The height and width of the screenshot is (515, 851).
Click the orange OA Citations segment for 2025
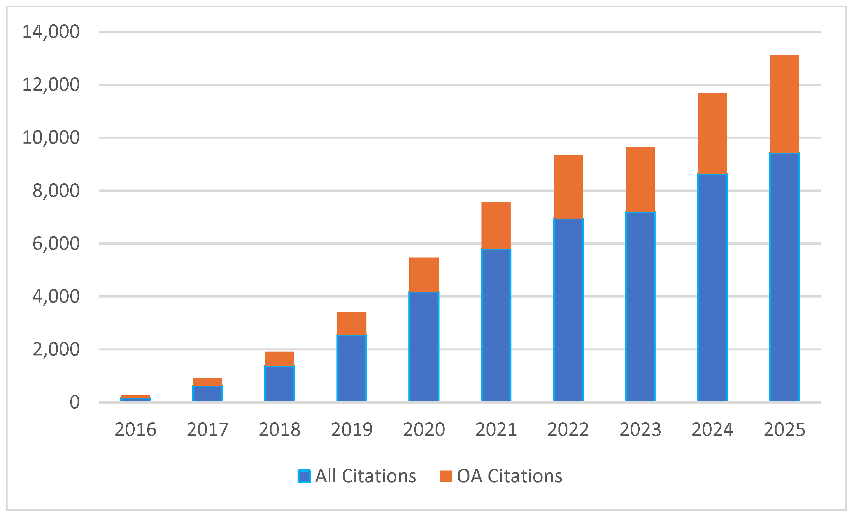pyautogui.click(x=784, y=104)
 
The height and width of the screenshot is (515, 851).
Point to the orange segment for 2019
pyautogui.click(x=352, y=323)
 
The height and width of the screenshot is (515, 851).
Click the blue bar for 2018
pyautogui.click(x=279, y=383)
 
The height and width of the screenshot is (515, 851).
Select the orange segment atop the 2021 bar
pyautogui.click(x=496, y=226)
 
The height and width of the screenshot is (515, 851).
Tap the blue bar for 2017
pyautogui.click(x=207, y=394)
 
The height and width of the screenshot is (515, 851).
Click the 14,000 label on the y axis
pyautogui.click(x=51, y=32)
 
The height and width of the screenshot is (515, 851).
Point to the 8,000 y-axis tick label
pyautogui.click(x=56, y=191)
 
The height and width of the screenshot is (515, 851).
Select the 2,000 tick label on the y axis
pyautogui.click(x=56, y=350)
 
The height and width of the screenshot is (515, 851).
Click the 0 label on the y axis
pyautogui.click(x=74, y=402)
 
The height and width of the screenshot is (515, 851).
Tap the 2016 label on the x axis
pyautogui.click(x=135, y=430)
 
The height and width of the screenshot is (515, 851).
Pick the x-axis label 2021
pyautogui.click(x=496, y=430)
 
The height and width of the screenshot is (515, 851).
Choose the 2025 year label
pyautogui.click(x=784, y=430)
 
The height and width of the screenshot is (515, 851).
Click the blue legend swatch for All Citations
pyautogui.click(x=304, y=476)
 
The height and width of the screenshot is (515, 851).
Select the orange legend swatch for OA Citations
pyautogui.click(x=446, y=476)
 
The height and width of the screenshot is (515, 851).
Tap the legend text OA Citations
pyautogui.click(x=509, y=476)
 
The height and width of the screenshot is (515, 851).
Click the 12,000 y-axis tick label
pyautogui.click(x=51, y=85)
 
